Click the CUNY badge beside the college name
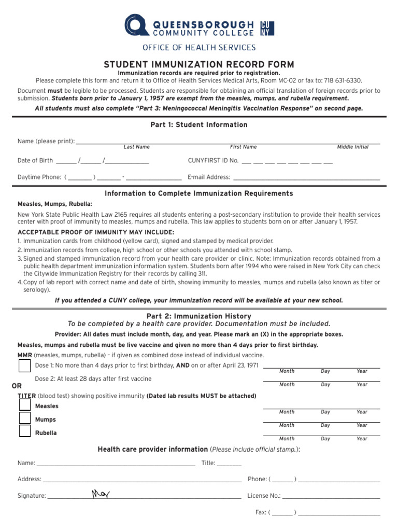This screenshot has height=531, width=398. pyautogui.click(x=267, y=28)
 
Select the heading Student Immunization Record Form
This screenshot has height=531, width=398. pyautogui.click(x=199, y=64)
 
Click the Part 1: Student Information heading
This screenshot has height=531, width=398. pyautogui.click(x=199, y=125)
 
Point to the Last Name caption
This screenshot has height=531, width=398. pyautogui.click(x=136, y=147)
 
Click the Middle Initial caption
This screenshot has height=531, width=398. pyautogui.click(x=352, y=147)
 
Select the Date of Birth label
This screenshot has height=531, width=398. pyautogui.click(x=35, y=161)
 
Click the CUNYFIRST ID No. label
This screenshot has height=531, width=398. pyautogui.click(x=212, y=161)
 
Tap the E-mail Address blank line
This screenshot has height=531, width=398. pyautogui.click(x=306, y=177)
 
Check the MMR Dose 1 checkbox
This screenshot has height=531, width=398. pyautogui.click(x=24, y=366)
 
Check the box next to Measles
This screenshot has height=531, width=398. pyautogui.click(x=24, y=405)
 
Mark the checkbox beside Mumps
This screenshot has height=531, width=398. pyautogui.click(x=24, y=418)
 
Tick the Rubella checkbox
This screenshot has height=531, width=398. pyautogui.click(x=24, y=431)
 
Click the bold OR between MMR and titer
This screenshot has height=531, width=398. pyautogui.click(x=17, y=386)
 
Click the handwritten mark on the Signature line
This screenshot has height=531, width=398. pyautogui.click(x=99, y=494)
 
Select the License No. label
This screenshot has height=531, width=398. pyautogui.click(x=264, y=496)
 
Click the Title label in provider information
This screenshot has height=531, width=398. pyautogui.click(x=208, y=463)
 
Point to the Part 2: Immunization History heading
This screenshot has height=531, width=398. pyautogui.click(x=199, y=316)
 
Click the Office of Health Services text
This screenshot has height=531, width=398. pyautogui.click(x=199, y=48)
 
